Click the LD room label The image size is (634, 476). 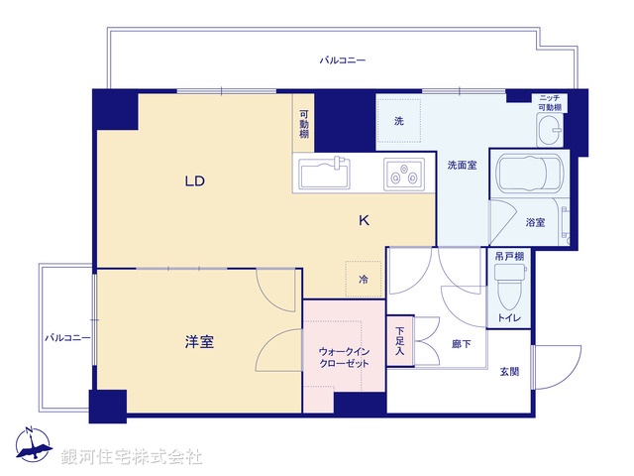click(193, 181)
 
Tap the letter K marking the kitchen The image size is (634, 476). click(364, 221)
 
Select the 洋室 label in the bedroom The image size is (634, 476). click(199, 342)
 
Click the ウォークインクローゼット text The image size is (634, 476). click(344, 358)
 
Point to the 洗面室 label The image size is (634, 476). click(462, 165)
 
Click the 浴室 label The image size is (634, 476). click(535, 223)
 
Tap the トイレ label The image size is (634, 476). click(510, 317)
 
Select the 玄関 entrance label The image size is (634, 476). click(509, 371)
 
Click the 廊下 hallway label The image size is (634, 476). click(461, 343)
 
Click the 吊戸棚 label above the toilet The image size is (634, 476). click(509, 256)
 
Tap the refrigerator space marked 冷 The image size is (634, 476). click(363, 280)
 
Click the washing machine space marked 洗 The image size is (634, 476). click(399, 121)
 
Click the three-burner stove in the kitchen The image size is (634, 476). click(405, 175)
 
